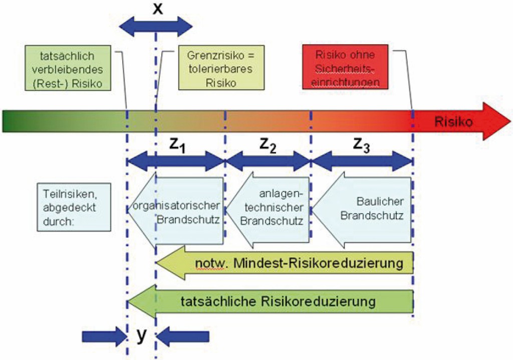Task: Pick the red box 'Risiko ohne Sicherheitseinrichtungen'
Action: coord(345,68)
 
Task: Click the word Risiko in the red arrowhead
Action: coord(454,121)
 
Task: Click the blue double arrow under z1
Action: coord(175,161)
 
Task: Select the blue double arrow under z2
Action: coord(268,161)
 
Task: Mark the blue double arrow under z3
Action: coord(362,161)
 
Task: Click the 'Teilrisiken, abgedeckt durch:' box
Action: coord(73,205)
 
